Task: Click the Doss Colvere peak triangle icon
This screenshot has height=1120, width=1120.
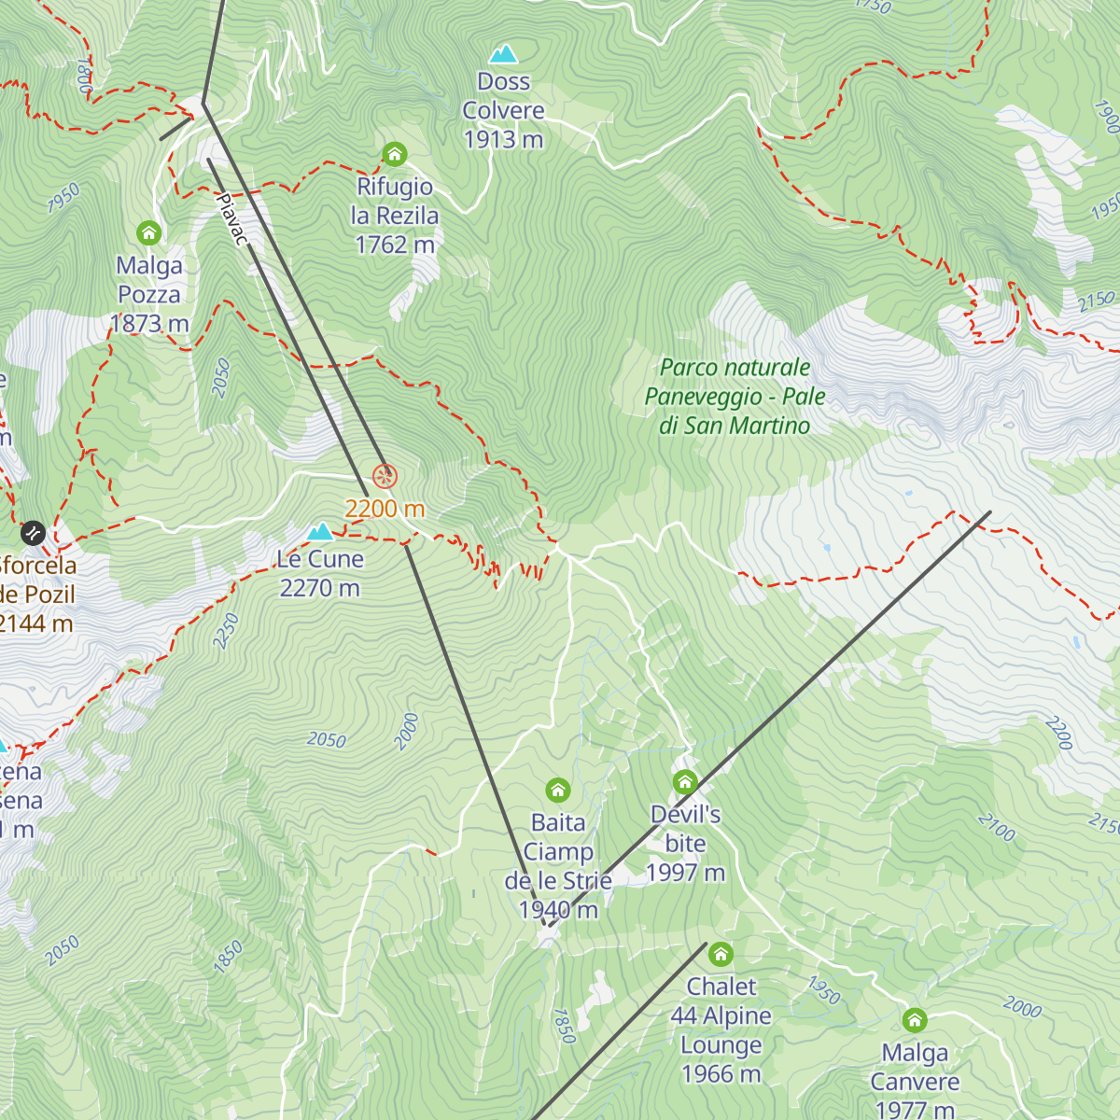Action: (x=503, y=54)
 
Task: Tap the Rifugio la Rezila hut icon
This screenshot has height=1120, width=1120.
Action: (x=395, y=154)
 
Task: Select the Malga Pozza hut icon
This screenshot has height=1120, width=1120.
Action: (x=148, y=232)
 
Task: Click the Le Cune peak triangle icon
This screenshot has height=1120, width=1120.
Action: (x=320, y=532)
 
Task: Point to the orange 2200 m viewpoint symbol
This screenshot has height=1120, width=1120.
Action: (x=385, y=477)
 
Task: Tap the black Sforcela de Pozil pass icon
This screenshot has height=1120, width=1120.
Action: (x=33, y=533)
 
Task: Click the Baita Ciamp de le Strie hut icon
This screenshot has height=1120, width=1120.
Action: (x=558, y=791)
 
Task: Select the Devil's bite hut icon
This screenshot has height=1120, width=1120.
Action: (x=685, y=782)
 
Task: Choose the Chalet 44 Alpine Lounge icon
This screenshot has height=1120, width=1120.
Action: (x=721, y=954)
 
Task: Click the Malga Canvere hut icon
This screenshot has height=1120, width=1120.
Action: (x=915, y=1020)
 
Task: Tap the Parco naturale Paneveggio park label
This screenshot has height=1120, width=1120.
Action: (x=735, y=397)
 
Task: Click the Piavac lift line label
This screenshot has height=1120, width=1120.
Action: (x=231, y=219)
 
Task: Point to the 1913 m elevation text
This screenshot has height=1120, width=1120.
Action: (x=503, y=139)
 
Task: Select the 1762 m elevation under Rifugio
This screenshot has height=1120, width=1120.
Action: (x=395, y=245)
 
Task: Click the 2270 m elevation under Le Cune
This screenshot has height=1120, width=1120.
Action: (x=319, y=588)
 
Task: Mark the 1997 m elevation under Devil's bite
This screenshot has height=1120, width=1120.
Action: (x=685, y=873)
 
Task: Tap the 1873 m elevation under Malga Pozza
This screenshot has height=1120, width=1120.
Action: (x=149, y=324)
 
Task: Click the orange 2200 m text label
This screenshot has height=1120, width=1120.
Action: (x=385, y=509)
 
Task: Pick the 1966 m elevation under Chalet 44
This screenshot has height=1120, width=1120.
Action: (x=721, y=1074)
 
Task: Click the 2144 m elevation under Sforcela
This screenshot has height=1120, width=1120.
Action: (x=35, y=623)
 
